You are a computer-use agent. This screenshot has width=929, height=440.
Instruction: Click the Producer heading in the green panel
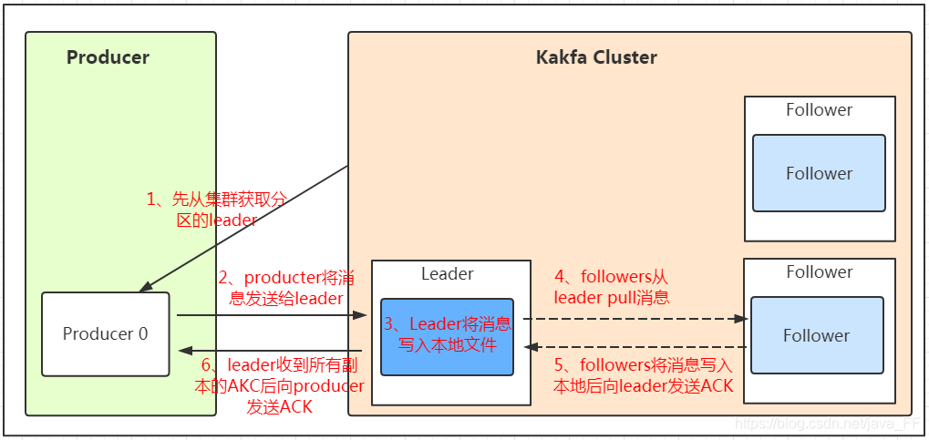[x=108, y=57]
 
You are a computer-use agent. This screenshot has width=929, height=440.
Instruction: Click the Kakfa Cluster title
[x=596, y=57]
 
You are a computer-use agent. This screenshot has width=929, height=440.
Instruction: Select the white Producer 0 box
[x=105, y=333]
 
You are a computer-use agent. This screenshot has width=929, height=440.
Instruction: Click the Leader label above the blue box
[x=447, y=273]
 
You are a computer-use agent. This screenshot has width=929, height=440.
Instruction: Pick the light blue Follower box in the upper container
[x=819, y=173]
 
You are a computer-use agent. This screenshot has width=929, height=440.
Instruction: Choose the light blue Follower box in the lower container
[x=816, y=335]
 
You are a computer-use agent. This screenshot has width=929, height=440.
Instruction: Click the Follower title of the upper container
[x=819, y=110]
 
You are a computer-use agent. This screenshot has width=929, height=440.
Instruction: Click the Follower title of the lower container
[x=819, y=271]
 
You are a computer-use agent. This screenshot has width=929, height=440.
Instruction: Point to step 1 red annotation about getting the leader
[x=217, y=210]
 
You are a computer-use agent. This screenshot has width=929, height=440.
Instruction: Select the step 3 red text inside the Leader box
[x=447, y=334]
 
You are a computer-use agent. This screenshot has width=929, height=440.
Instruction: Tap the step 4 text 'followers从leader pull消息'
[x=612, y=286]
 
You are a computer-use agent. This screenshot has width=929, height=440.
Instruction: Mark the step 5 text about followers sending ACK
[x=644, y=375]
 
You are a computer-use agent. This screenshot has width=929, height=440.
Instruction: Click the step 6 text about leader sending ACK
[x=279, y=386]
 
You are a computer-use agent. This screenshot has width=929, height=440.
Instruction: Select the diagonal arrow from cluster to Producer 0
[x=243, y=229]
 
